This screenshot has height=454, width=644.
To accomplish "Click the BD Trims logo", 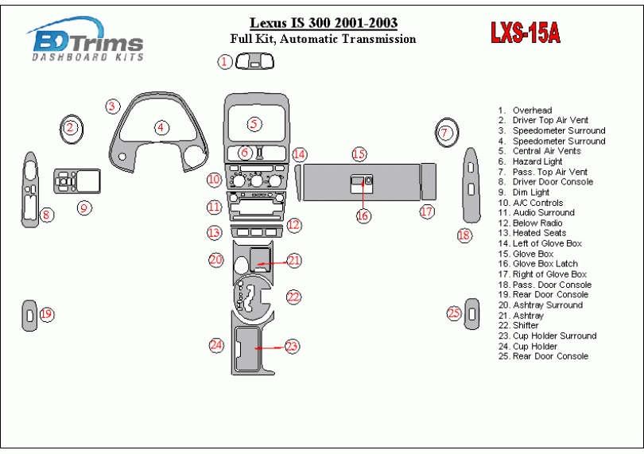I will tap(86, 41).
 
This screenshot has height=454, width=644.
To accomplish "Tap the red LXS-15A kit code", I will tap(525, 33).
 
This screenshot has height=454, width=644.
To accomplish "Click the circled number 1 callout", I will tap(226, 61).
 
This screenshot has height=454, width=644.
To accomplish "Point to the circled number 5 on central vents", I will tap(254, 124).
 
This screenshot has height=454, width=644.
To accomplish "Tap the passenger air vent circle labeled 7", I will tap(445, 132).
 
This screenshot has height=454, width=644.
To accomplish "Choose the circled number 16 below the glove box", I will tap(363, 215).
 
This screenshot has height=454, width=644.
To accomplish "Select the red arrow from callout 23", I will tap(270, 347).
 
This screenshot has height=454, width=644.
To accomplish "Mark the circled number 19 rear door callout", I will tap(46, 314).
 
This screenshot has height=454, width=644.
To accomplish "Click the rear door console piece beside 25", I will tap(472, 314).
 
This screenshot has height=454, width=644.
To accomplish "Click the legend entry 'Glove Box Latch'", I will tap(545, 264).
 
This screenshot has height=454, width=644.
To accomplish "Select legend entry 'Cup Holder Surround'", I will tap(554, 336).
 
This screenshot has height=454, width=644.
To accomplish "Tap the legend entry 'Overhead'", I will tap(532, 111).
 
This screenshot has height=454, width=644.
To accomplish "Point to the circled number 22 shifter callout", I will tap(294, 297).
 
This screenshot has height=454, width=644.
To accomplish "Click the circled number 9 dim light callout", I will tap(83, 208).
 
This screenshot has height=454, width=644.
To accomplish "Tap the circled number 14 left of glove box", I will tap(299, 154).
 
